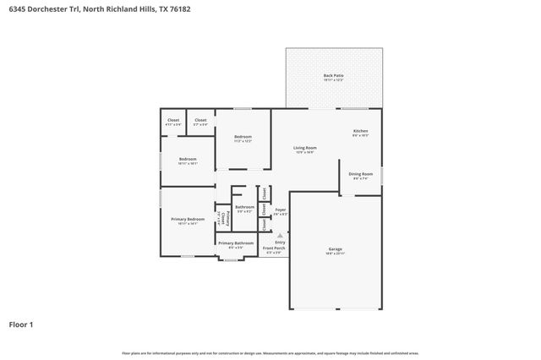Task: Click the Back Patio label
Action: coord(333,76)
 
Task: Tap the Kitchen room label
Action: coord(360,131)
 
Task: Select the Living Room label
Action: coord(305,147)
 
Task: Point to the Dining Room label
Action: coord(360,174)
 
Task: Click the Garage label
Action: coord(335,248)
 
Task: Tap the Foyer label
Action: coord(280,210)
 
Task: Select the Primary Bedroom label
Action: coord(188,219)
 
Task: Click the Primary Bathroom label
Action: coord(236,243)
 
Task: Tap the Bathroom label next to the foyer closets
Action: coord(244,207)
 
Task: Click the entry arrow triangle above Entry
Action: coord(280,236)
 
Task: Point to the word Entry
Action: coord(280,243)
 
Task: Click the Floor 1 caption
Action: coord(20,324)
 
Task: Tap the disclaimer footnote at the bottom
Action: coord(270,352)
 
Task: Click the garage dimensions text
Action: coord(335,254)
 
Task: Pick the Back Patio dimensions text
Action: coord(333,81)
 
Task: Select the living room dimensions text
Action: coord(305,152)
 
